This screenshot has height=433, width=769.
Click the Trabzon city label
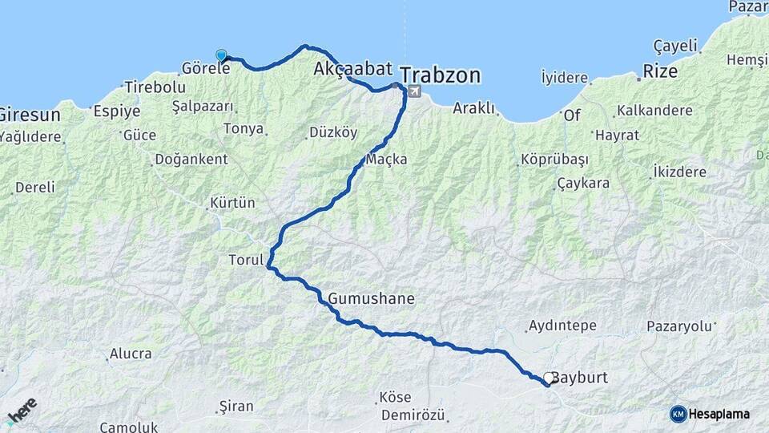point(441,75)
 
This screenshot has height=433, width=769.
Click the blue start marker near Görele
point(222,55)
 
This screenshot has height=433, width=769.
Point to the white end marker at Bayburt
point(549,378)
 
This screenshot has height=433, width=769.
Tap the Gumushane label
point(372,299)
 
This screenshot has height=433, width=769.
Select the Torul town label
point(246,260)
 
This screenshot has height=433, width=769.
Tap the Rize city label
point(662,72)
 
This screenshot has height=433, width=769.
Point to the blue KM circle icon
point(678,414)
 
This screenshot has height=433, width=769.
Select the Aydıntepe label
point(562,326)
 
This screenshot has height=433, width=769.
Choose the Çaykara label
point(583,183)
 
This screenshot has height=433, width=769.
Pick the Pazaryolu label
point(679,326)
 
